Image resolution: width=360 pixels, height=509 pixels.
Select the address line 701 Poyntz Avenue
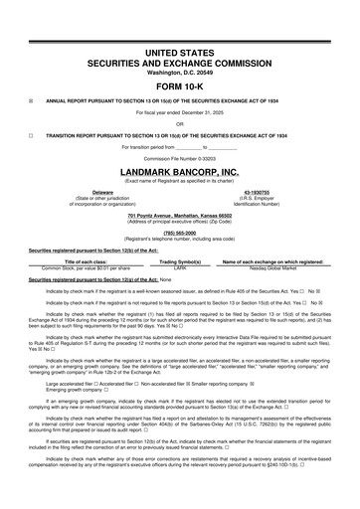180,215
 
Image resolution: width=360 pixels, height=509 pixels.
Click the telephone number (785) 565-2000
180,232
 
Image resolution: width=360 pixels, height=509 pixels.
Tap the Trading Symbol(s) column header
180,261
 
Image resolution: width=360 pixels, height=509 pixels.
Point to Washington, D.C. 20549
180,73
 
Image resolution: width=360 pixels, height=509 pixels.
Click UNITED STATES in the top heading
180,51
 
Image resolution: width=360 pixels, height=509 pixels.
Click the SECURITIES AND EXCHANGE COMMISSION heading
180,62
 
